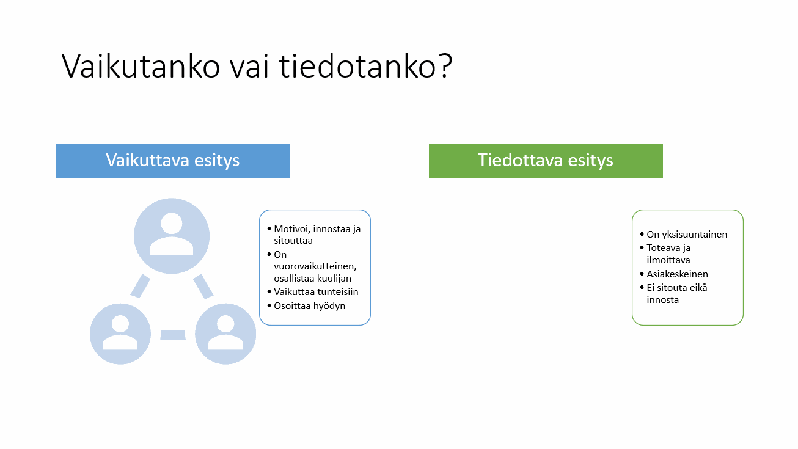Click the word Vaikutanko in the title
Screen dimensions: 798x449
(141, 66)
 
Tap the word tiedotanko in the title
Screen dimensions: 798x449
(357, 66)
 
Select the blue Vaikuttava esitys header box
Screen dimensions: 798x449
(173, 161)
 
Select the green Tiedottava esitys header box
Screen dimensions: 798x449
(546, 161)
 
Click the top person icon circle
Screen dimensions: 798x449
(172, 236)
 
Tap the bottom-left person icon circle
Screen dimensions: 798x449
(120, 334)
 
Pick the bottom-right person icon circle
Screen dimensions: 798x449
(225, 334)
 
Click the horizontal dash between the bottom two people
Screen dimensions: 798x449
(173, 335)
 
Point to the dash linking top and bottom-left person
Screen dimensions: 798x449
(141, 286)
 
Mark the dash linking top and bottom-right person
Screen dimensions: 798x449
(203, 286)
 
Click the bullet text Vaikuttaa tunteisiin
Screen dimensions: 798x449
(316, 292)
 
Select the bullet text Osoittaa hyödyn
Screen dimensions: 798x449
(310, 306)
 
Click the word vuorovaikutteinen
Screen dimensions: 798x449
(315, 266)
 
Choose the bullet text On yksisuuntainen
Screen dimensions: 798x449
(687, 235)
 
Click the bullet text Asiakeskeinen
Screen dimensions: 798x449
(677, 274)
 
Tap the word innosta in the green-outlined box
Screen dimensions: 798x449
(662, 300)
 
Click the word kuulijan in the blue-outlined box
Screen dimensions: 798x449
(334, 279)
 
